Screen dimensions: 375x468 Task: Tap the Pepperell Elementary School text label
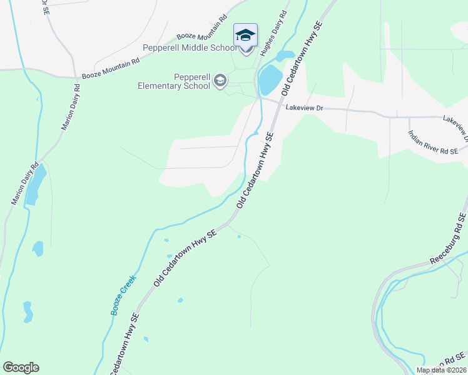[x=174, y=82]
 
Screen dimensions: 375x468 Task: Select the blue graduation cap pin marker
[x=245, y=36]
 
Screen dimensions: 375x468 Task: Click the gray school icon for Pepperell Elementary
[x=220, y=81]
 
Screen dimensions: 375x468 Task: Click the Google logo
[x=21, y=367]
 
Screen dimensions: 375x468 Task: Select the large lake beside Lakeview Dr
[x=270, y=80]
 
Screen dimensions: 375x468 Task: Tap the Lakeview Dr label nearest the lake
[x=304, y=108]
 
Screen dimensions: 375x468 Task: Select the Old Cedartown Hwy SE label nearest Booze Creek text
[x=185, y=258]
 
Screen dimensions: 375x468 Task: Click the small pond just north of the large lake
[x=286, y=55]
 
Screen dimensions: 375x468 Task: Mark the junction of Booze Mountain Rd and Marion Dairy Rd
[x=82, y=79]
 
